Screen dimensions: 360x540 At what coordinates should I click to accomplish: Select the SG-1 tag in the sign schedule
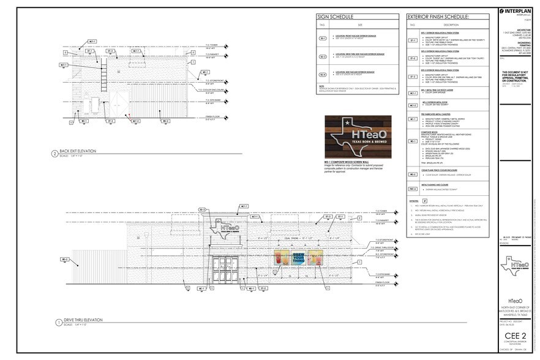[322, 39]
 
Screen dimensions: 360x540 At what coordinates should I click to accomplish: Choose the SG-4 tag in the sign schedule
[322, 74]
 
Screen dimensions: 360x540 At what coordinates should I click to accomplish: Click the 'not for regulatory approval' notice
[515, 76]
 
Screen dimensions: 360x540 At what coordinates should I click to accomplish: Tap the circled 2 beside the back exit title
[55, 154]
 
